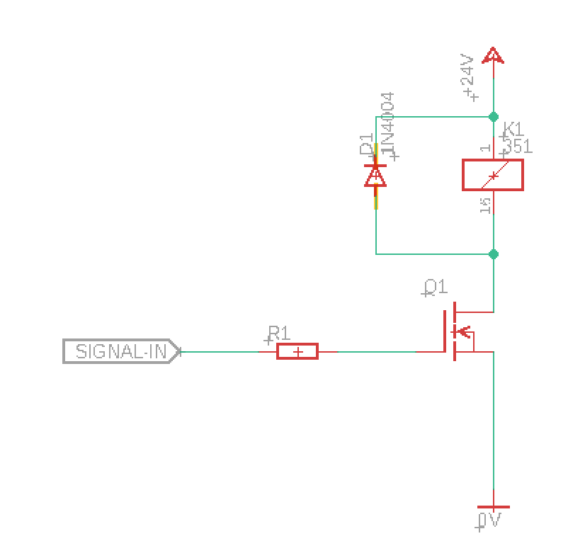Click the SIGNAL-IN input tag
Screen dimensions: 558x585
(x=120, y=351)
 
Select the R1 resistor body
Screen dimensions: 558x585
(x=297, y=351)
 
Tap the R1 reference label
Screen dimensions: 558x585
(x=279, y=334)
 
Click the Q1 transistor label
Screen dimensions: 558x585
(x=436, y=287)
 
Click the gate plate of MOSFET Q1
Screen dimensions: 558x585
(x=445, y=331)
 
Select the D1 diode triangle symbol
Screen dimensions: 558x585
(x=375, y=176)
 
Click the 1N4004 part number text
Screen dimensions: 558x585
(x=387, y=126)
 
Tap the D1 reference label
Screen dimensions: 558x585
(x=366, y=144)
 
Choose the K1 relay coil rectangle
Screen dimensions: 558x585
(x=493, y=175)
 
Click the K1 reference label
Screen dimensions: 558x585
(x=513, y=130)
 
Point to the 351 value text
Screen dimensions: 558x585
(x=517, y=147)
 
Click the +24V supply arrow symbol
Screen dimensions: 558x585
(x=493, y=56)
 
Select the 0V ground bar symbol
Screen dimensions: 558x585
(x=493, y=507)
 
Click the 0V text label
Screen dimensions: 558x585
(x=489, y=521)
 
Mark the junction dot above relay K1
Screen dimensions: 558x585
(x=494, y=117)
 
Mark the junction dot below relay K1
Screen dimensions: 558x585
(x=494, y=254)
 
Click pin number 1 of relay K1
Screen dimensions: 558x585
(x=485, y=148)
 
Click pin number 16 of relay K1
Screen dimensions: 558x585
(x=485, y=205)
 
